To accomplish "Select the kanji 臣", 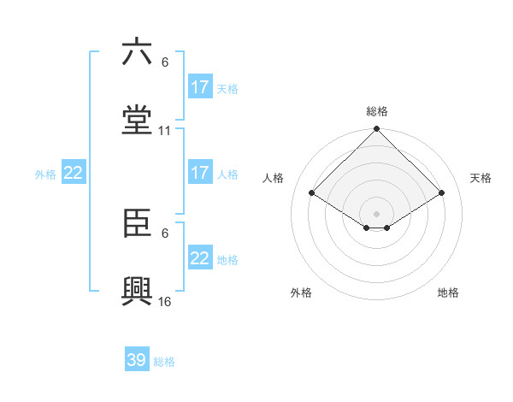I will (137, 223).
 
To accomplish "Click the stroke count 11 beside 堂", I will (165, 131).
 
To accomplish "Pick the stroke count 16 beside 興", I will (165, 302).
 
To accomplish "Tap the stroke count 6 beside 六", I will (165, 62).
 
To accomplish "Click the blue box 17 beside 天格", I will (200, 87).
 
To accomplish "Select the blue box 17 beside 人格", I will (200, 173).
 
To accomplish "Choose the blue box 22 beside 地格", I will (200, 258).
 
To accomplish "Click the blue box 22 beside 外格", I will (74, 173).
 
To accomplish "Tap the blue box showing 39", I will (137, 360).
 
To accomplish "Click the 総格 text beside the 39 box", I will (165, 362).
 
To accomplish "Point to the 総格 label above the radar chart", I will (377, 111).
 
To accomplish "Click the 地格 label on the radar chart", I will (448, 293).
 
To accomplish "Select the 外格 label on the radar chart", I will (301, 293).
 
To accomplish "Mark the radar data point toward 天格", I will (442, 193).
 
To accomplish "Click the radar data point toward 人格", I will (312, 193).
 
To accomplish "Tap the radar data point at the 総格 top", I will (377, 130).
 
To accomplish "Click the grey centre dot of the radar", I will (377, 213).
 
